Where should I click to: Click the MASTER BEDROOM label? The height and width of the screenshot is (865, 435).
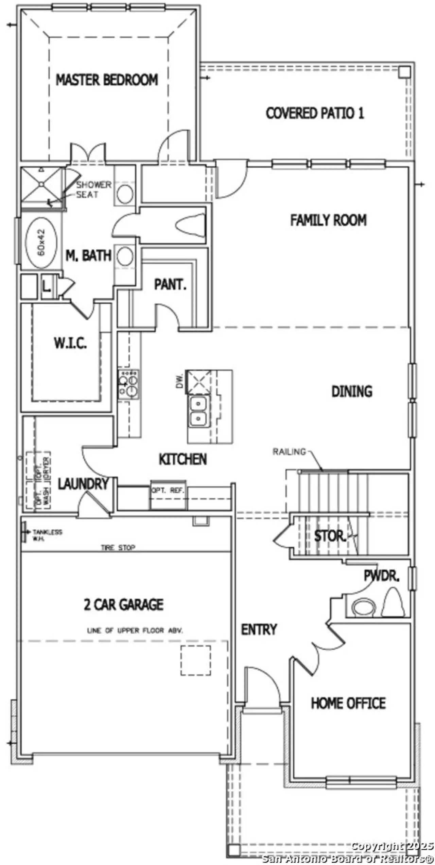(107, 80)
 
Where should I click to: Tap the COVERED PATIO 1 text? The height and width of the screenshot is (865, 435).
(315, 113)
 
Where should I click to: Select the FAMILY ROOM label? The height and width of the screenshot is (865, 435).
(328, 220)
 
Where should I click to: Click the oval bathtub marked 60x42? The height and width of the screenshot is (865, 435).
(41, 243)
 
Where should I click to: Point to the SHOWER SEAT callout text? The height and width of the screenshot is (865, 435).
(92, 190)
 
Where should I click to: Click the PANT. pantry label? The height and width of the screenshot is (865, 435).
(170, 284)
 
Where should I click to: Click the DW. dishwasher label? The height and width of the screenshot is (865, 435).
(180, 381)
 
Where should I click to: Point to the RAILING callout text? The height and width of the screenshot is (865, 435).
(289, 452)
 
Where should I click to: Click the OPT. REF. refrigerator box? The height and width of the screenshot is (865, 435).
(168, 491)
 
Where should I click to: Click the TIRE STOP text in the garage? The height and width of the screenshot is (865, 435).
(118, 547)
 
